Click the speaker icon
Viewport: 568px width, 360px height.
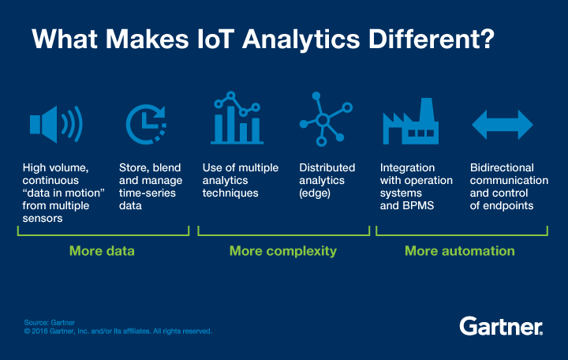[x=56, y=125]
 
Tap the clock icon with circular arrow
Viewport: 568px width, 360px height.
[x=146, y=125]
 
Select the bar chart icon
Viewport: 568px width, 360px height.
[x=237, y=118]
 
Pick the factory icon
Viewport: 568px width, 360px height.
[x=411, y=121]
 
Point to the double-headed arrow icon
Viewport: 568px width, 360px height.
[x=503, y=125]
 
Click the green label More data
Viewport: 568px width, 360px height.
[x=102, y=251]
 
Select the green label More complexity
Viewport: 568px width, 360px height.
[x=283, y=251]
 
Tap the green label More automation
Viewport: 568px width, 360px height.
[x=460, y=251]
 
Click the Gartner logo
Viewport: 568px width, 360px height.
[x=501, y=326]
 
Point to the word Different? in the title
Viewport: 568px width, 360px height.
[x=431, y=39]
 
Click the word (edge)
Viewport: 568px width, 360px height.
[x=315, y=193]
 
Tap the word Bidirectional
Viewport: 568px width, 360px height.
[x=502, y=167]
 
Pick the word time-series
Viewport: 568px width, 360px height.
[x=148, y=193]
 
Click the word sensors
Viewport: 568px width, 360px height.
[x=43, y=218]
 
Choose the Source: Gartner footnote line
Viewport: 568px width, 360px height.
[x=49, y=322]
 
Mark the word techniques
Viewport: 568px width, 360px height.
[x=230, y=193]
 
